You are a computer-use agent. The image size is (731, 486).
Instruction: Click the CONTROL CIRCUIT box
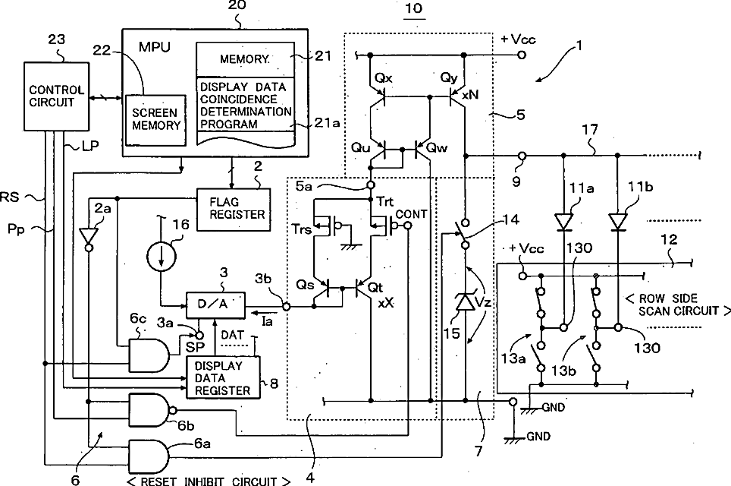(56, 96)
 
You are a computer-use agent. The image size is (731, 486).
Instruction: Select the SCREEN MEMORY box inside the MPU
(155, 119)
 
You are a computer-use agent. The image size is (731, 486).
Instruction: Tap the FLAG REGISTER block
(234, 210)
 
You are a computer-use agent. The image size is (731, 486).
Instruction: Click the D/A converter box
(215, 305)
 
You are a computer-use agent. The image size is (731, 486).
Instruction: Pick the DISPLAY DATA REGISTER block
(223, 377)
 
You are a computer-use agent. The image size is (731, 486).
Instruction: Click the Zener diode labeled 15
(465, 302)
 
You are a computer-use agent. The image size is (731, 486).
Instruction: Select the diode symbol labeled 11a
(563, 221)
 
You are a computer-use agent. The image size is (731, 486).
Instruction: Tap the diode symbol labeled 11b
(618, 221)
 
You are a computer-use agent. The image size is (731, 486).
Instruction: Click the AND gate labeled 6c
(149, 355)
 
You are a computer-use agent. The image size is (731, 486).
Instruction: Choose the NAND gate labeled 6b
(151, 410)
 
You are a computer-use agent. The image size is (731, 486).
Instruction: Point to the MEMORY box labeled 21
(245, 60)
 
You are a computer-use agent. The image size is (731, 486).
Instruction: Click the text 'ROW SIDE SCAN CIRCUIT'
(679, 305)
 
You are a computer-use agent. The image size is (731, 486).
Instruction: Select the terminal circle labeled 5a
(371, 185)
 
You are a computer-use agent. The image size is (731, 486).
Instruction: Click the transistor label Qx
(383, 77)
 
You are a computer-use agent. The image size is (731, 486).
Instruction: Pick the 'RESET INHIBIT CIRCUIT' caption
(209, 481)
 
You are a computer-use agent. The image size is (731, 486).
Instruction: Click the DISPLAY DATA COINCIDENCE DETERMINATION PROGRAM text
(246, 106)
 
